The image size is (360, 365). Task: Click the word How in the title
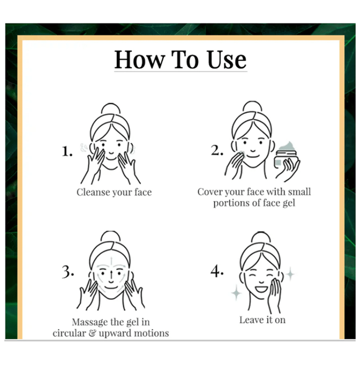[x=140, y=60]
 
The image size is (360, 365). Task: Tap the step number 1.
[x=67, y=151]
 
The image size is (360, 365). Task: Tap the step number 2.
[x=217, y=150]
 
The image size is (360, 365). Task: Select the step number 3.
[x=68, y=272]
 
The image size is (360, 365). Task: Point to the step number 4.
[x=217, y=271]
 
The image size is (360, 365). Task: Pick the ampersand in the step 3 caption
[x=92, y=333]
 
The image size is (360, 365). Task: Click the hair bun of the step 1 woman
[x=111, y=108]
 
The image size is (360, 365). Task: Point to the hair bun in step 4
[x=261, y=237]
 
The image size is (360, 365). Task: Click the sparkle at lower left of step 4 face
[x=236, y=293]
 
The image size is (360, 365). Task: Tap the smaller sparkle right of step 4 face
[x=290, y=274]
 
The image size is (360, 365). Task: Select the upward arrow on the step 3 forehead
[x=111, y=261]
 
